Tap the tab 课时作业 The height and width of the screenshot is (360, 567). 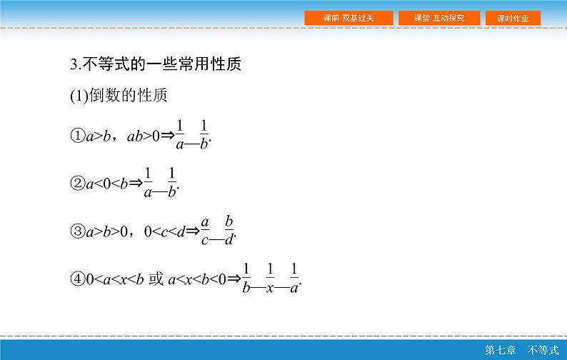pos(512,18)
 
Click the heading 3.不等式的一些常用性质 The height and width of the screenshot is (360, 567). pos(156,64)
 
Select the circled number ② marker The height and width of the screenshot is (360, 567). pos(77,184)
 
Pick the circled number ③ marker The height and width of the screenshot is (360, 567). pos(77,231)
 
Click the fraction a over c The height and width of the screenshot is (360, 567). pos(205,230)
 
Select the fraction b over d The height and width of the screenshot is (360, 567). pos(229,230)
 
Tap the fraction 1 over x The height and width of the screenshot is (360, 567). pos(271,278)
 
